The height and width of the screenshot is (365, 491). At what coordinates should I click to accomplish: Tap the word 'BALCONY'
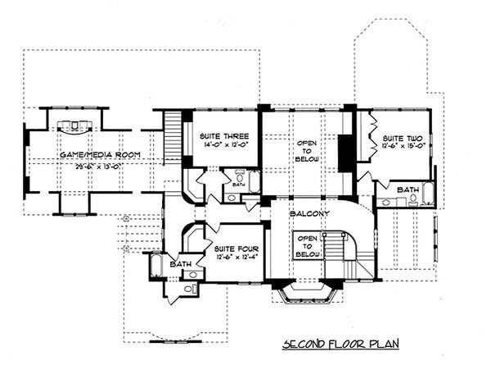click(x=309, y=215)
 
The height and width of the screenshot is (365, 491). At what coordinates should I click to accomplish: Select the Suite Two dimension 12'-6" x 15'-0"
click(x=403, y=148)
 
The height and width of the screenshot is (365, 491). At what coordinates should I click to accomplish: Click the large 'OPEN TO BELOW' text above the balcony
click(x=307, y=149)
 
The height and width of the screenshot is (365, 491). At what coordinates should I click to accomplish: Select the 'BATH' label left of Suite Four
click(x=180, y=264)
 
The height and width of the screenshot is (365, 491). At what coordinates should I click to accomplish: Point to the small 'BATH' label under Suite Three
click(x=237, y=185)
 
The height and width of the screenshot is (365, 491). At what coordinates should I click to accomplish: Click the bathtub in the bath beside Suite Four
click(x=155, y=266)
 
